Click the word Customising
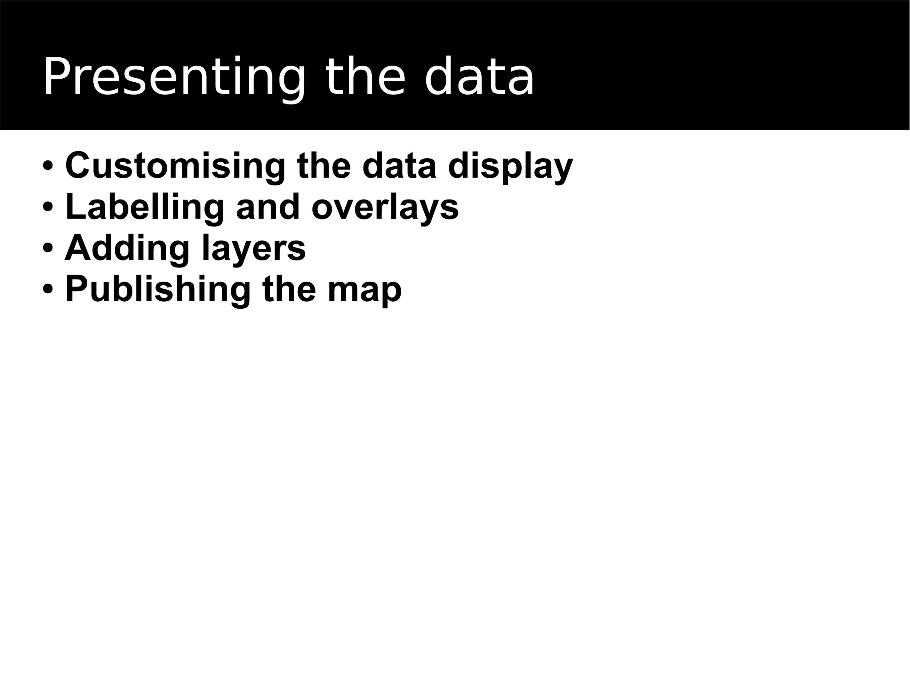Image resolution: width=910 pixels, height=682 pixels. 175,165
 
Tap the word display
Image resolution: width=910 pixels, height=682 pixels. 510,166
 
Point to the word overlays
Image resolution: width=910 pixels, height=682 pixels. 385,207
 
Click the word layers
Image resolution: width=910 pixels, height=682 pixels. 254,249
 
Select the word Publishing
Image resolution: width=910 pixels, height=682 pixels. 158,290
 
